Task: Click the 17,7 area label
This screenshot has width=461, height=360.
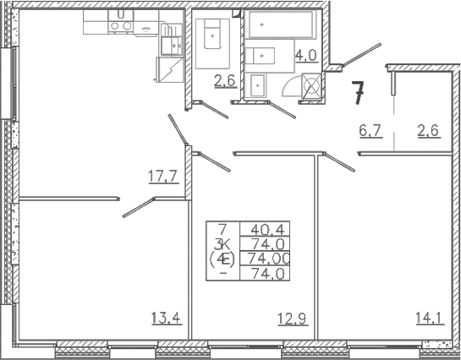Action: coord(164,177)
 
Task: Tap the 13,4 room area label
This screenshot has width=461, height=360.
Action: coord(167,318)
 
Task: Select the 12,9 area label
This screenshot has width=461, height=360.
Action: coord(294,319)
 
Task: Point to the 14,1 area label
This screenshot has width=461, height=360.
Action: coord(430,318)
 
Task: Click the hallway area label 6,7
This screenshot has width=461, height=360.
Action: coord(370,130)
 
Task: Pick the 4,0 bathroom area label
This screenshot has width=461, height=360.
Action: coord(306,55)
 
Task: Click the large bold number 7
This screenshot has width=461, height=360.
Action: coord(358,92)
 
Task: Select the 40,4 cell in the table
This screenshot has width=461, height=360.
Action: coord(267,229)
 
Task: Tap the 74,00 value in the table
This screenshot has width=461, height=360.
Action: coord(269,259)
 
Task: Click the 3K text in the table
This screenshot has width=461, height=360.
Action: coord(222,243)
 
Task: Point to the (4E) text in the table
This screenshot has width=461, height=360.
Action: coord(222,259)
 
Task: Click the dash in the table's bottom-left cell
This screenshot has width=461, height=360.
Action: coord(223,273)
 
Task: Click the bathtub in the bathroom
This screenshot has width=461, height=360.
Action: coord(281,25)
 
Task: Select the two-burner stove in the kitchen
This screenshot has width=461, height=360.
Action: coord(120,26)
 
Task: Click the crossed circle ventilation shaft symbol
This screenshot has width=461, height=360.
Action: coord(311,85)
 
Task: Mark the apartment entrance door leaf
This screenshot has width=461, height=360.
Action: coord(362,55)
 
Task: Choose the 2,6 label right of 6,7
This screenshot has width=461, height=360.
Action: coord(429,130)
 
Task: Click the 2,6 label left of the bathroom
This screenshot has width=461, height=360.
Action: coord(225,81)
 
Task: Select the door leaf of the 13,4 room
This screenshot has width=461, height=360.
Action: coord(138,208)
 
